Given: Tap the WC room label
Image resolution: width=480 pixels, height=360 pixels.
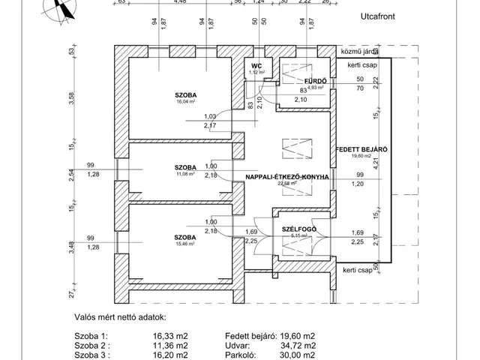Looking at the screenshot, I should tap(256, 66).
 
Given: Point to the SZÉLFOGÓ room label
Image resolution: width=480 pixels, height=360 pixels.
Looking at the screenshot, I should tap(299, 228).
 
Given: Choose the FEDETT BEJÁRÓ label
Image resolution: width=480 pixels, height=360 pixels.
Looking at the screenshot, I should tap(362, 149).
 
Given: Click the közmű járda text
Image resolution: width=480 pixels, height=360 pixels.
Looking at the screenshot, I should tap(358, 52).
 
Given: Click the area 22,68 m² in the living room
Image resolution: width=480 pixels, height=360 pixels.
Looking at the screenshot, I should tap(288, 184).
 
